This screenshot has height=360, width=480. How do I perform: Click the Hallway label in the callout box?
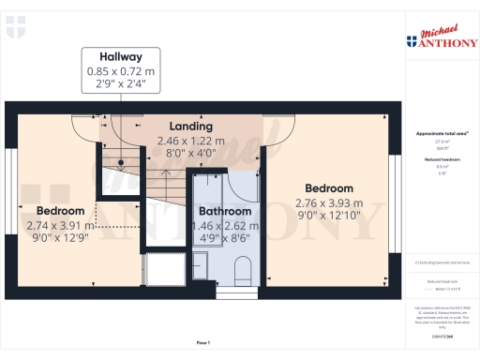coord(120,56)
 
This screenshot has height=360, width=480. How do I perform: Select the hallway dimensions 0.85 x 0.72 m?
coord(120,70)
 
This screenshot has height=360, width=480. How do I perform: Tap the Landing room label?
coord(190,126)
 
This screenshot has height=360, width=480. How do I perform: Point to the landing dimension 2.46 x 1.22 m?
coord(190,141)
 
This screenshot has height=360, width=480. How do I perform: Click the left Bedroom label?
coord(60,211)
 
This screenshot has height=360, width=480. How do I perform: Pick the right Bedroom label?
coord(328,187)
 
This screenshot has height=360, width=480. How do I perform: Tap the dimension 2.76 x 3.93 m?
coord(328,202)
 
